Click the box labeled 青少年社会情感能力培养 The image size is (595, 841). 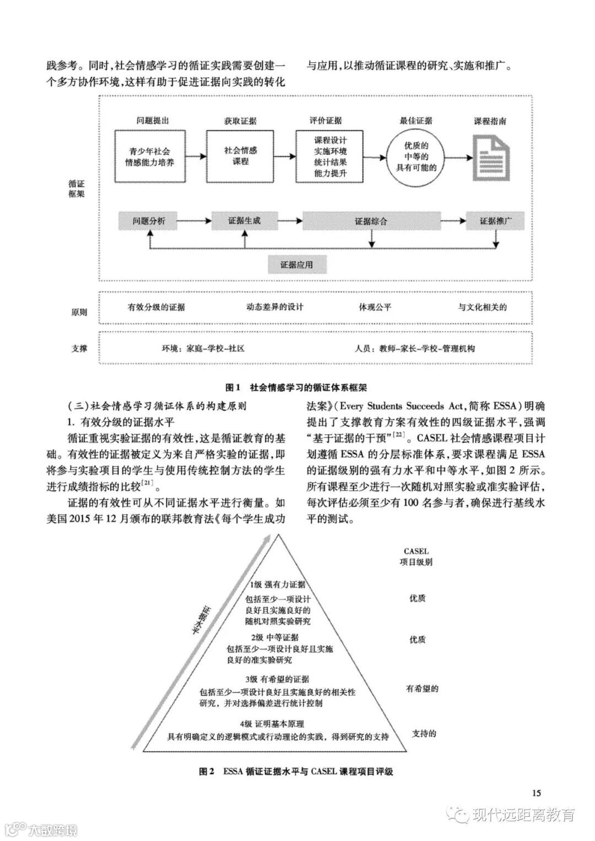(149, 156)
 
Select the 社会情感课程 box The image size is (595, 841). (241, 156)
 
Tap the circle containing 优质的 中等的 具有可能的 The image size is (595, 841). (416, 156)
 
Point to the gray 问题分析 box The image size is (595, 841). (148, 221)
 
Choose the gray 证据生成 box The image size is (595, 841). (244, 221)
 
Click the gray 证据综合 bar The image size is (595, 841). (371, 221)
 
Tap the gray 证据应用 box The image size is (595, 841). (296, 265)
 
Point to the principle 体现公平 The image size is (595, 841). (375, 307)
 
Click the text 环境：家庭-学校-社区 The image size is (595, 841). (203, 348)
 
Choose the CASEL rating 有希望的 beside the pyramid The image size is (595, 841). (423, 688)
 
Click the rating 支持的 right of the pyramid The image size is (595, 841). (424, 734)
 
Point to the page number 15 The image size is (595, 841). (537, 793)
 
